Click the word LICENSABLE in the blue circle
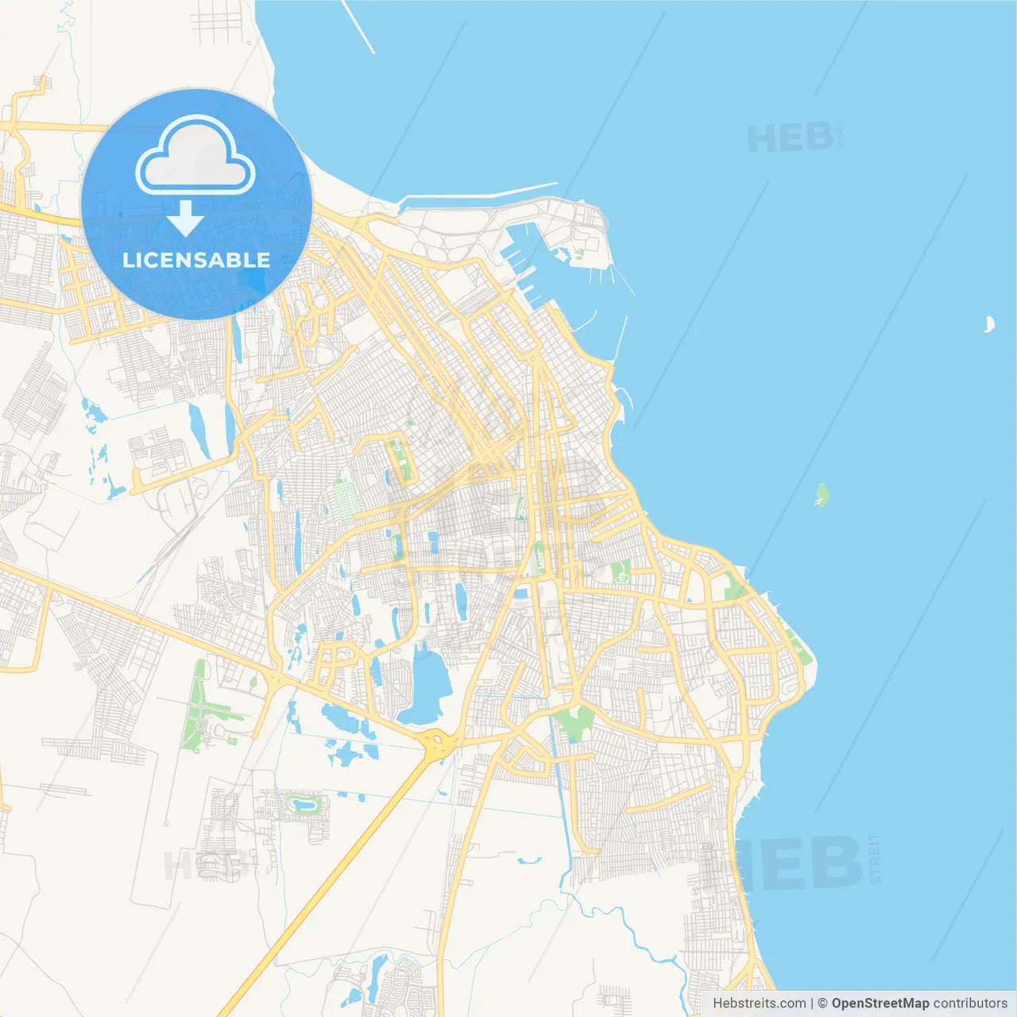(x=196, y=260)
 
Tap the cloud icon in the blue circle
(x=195, y=157)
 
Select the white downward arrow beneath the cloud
(x=186, y=218)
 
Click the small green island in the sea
(x=822, y=496)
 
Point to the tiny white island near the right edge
(x=989, y=324)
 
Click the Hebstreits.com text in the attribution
(x=759, y=1003)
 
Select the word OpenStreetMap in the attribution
(x=880, y=1003)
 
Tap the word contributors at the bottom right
(x=970, y=1003)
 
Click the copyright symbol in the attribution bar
(x=822, y=1003)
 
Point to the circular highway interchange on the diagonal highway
(x=438, y=743)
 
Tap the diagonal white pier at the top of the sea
(x=358, y=26)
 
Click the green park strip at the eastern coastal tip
(x=797, y=644)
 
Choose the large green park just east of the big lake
(x=574, y=719)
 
